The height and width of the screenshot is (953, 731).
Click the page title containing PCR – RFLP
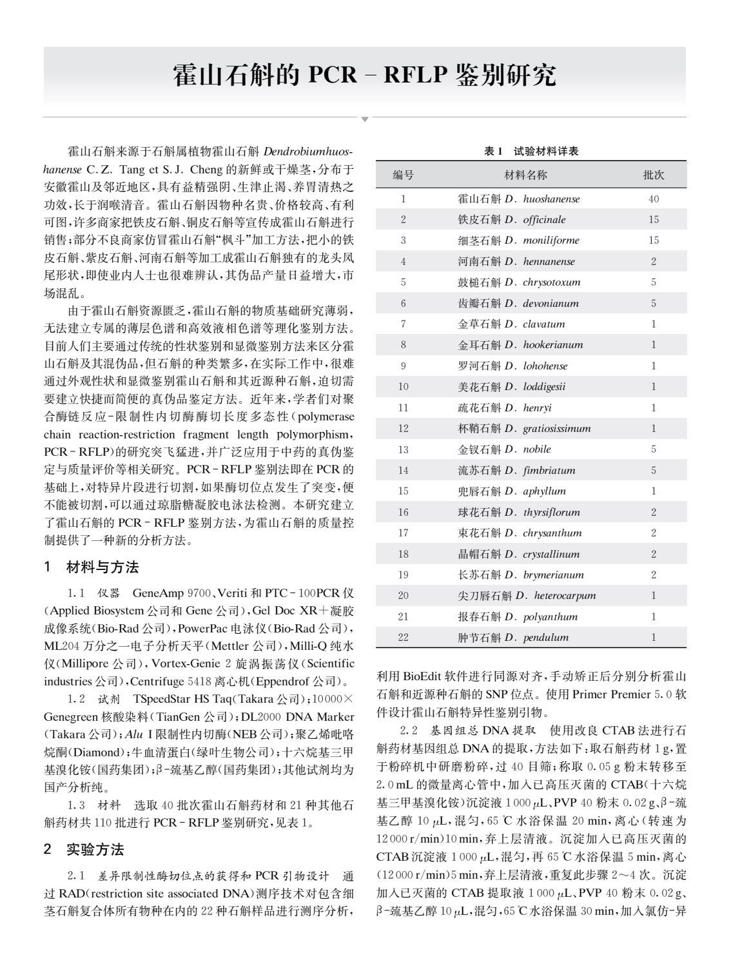click(x=365, y=76)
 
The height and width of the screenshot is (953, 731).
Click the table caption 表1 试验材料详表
click(x=531, y=152)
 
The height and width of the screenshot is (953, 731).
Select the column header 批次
click(x=654, y=175)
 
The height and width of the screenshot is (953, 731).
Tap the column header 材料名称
click(x=526, y=175)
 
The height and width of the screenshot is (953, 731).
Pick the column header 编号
click(x=404, y=175)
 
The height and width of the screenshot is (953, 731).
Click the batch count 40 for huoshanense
click(x=654, y=199)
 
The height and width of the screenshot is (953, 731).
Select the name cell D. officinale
click(x=512, y=220)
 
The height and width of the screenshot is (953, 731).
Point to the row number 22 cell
click(x=404, y=638)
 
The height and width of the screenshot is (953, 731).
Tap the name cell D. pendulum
click(x=514, y=638)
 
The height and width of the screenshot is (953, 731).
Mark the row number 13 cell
click(x=404, y=449)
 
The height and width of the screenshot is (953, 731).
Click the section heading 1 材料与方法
click(x=92, y=567)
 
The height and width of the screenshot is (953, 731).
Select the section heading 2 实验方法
click(x=84, y=849)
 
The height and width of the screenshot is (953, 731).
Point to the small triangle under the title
click(x=365, y=119)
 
